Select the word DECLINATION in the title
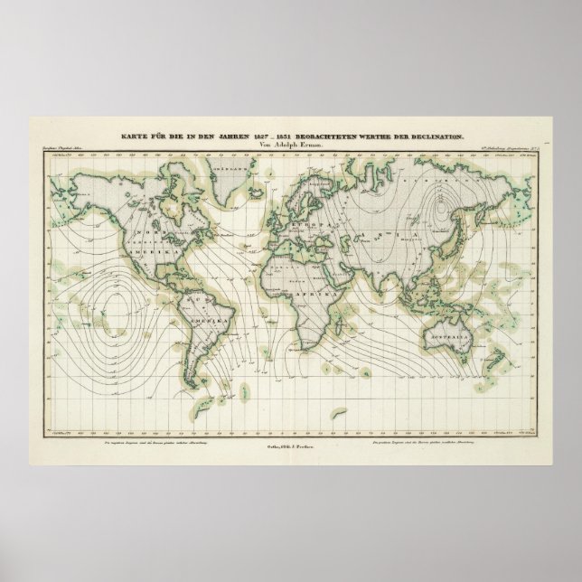pos(440,136)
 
